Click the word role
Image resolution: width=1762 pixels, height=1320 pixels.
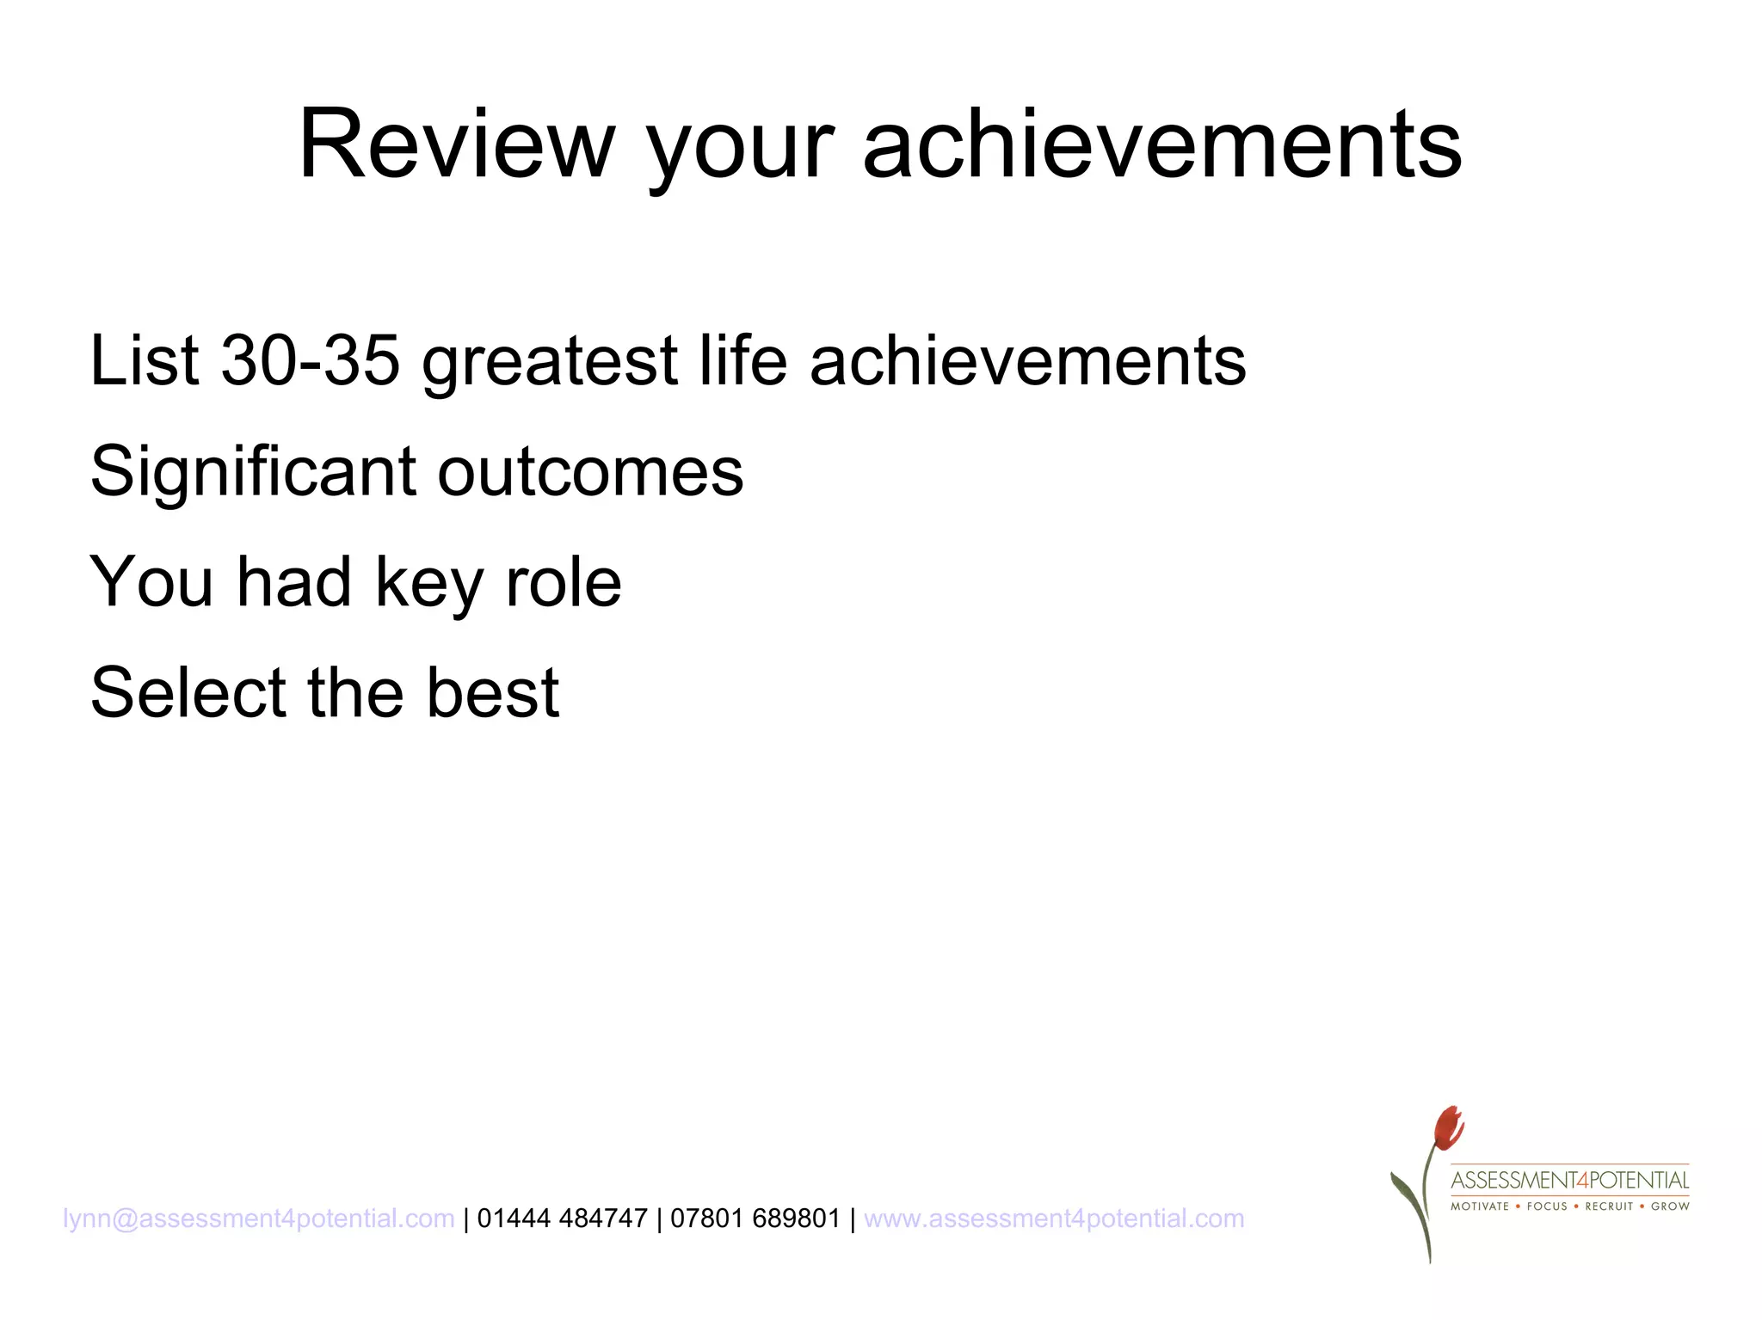coord(564,582)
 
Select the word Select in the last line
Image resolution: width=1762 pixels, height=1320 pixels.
coord(188,692)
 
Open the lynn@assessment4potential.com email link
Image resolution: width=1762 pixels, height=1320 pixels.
coord(258,1219)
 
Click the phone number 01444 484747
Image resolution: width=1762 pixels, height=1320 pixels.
coord(562,1219)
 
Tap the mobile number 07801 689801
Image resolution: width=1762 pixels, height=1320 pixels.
coord(755,1219)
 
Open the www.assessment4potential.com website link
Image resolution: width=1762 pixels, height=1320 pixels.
coord(1054,1219)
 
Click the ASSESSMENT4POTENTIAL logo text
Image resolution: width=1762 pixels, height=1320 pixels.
coord(1569,1180)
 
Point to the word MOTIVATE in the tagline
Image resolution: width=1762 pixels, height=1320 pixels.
coord(1480,1206)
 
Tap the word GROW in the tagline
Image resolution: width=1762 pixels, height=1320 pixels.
coord(1670,1206)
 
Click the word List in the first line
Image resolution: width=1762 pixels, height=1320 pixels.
coord(145,359)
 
